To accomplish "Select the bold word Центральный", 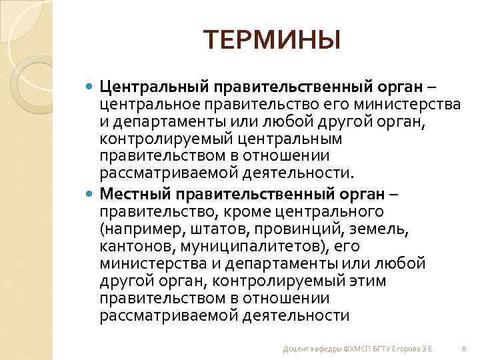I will [x=153, y=87].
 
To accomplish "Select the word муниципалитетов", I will [x=241, y=246].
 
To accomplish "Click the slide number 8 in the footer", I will [x=463, y=348].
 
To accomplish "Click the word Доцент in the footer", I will [x=295, y=348].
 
